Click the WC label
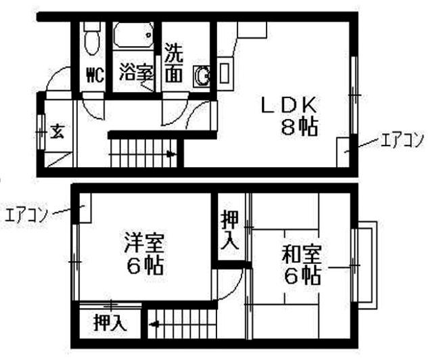coord(95,75)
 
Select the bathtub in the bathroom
coord(133,36)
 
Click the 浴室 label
coord(136,72)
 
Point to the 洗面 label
coord(174,63)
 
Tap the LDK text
coord(289,105)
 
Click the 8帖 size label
coord(299,127)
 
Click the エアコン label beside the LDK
coord(402,140)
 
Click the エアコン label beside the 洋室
coord(26,215)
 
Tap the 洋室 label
coord(144,243)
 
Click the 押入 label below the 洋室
coord(110,322)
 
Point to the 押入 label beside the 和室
coord(230,230)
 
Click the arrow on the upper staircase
coord(171,154)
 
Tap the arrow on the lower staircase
coord(154,324)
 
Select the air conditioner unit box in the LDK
coord(343,152)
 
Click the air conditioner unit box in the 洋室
coord(85,208)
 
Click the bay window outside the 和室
coord(365,265)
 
